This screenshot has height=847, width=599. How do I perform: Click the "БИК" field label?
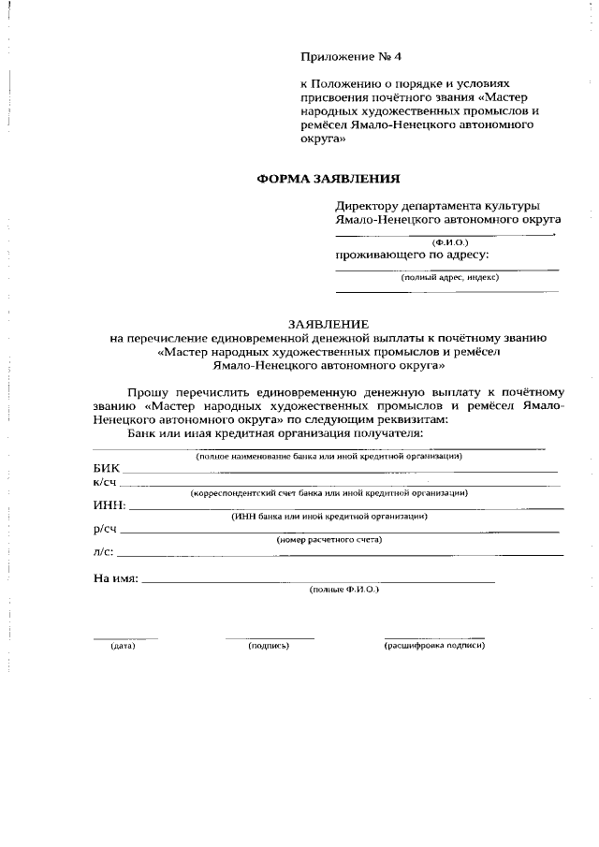coord(107,467)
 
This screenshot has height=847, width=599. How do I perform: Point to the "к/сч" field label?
coord(106,482)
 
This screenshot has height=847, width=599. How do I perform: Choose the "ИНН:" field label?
coord(110,505)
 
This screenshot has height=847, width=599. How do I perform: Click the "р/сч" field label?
coord(106,529)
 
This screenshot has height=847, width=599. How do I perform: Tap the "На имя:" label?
coord(116,578)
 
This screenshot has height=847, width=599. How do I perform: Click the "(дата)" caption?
coord(124,647)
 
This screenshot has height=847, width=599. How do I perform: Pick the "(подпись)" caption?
coord(269,647)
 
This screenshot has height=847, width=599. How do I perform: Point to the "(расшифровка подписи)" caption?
coord(434,647)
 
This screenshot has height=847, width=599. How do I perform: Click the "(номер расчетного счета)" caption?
coord(329,540)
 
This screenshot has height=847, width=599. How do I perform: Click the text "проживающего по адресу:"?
coord(412,254)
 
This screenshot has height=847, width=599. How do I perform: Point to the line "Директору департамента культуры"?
coord(437,206)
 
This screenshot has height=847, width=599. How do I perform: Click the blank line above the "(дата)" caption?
coord(124,638)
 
